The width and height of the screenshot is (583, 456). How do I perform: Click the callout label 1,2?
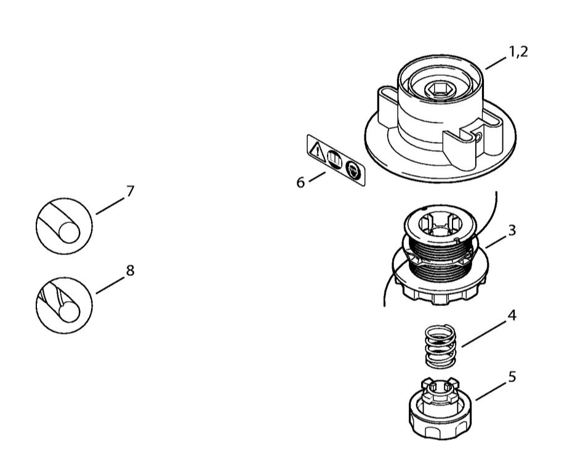[x=517, y=52]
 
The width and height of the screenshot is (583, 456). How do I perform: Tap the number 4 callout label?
[x=511, y=316]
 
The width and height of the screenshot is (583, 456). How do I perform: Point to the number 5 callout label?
[x=511, y=376]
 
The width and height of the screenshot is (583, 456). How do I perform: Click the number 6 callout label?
[x=301, y=183]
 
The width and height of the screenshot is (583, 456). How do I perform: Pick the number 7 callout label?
[x=129, y=192]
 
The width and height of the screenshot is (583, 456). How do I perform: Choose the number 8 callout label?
[x=129, y=270]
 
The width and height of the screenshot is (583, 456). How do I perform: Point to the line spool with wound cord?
[x=438, y=258]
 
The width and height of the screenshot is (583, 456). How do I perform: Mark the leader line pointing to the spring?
[x=484, y=332]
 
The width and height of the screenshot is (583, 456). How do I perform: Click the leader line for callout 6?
[x=318, y=177]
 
